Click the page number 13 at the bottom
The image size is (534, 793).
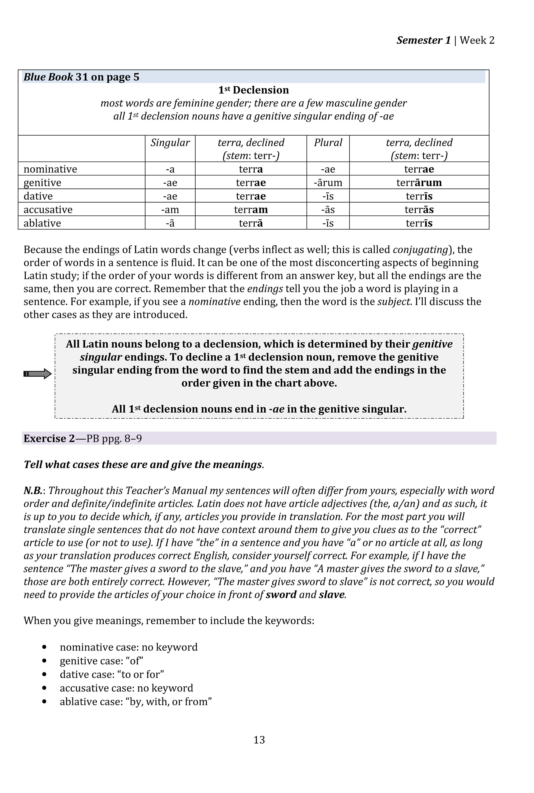(259, 740)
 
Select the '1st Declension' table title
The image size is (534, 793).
(253, 90)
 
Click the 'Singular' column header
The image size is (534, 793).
(170, 142)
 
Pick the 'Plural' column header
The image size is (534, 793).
(328, 142)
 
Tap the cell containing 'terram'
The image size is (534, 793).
(251, 210)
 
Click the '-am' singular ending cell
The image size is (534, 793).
(170, 210)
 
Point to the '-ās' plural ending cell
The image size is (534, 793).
(328, 210)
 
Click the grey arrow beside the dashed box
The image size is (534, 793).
(38, 374)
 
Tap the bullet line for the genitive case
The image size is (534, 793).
(101, 661)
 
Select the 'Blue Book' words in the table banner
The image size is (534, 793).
(48, 77)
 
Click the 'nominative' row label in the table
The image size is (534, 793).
(50, 169)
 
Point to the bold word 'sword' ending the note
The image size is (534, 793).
(281, 594)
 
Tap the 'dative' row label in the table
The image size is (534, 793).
(38, 196)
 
